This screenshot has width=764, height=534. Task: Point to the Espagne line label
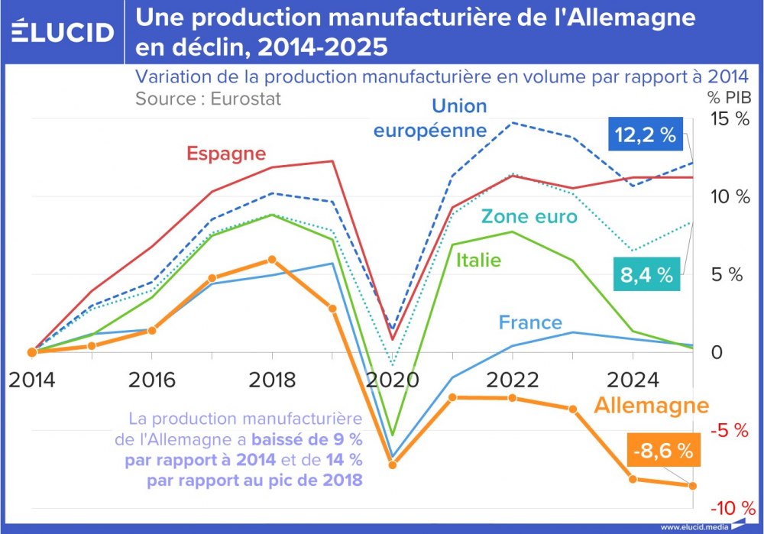(226, 154)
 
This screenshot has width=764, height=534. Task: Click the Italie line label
(478, 261)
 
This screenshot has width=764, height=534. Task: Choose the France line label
(530, 322)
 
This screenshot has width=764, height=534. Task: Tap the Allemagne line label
(652, 406)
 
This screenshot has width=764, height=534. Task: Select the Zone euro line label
(529, 217)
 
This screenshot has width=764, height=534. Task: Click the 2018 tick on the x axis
(272, 380)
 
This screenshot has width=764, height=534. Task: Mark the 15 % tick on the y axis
(730, 119)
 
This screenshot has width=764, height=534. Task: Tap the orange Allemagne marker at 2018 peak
(272, 260)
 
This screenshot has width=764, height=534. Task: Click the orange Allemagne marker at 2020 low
(393, 464)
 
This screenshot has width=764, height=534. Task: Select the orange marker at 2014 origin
(32, 352)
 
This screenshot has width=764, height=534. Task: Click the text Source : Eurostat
(208, 99)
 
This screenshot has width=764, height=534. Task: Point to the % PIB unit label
(729, 98)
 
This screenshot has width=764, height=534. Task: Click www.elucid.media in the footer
(694, 527)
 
